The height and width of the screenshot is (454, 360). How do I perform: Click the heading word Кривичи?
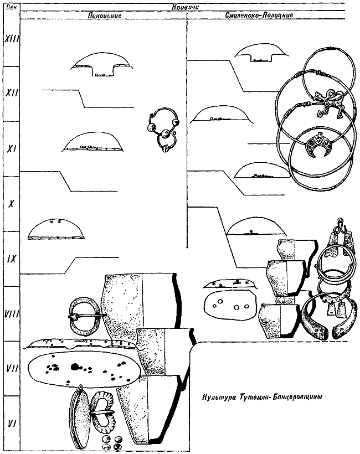pos(186,7)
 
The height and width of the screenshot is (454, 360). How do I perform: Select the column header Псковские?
pos(105,16)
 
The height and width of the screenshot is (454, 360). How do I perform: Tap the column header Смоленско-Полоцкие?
pos(259,15)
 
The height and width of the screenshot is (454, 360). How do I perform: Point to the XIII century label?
pos(11,39)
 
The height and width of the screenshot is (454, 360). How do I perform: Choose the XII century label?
pos(12,93)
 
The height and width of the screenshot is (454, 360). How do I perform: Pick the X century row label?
pos(11,204)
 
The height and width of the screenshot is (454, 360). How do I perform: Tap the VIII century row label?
pos(11,314)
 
